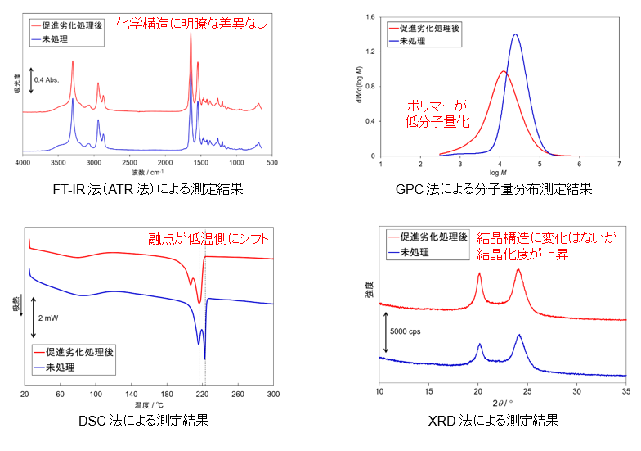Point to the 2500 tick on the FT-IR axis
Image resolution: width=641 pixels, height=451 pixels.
point(129,162)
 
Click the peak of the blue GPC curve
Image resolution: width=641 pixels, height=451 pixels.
point(515,34)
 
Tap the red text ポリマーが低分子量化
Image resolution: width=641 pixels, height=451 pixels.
point(437,113)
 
